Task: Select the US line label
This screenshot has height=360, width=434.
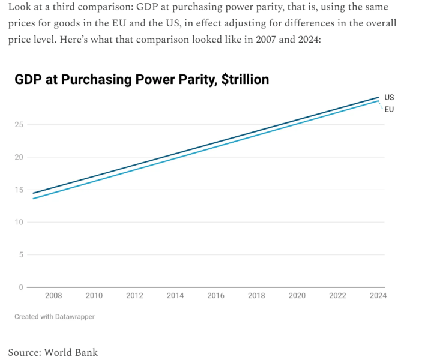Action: point(389,97)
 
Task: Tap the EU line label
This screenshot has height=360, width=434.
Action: point(389,109)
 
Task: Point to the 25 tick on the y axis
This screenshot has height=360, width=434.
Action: point(19,125)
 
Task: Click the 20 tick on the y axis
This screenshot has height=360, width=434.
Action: point(19,157)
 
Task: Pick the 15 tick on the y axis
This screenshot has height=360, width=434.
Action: point(19,190)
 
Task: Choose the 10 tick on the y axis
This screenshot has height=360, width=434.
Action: point(19,222)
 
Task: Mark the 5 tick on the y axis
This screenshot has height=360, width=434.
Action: point(21,254)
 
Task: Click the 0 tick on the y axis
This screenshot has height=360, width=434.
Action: point(21,287)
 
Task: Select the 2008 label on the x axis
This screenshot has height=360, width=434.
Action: point(53,296)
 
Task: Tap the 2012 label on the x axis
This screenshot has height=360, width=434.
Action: point(134,296)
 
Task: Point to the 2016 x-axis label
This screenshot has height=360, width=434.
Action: point(215,296)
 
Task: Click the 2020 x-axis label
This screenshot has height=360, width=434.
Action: point(297,296)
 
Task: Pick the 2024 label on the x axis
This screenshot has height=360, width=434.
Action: point(378,296)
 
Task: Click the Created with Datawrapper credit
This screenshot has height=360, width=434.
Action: point(54,316)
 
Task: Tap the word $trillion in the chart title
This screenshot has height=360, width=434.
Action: point(245,80)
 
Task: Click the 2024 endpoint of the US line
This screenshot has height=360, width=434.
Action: point(378,97)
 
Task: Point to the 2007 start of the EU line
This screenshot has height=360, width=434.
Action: point(33,199)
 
